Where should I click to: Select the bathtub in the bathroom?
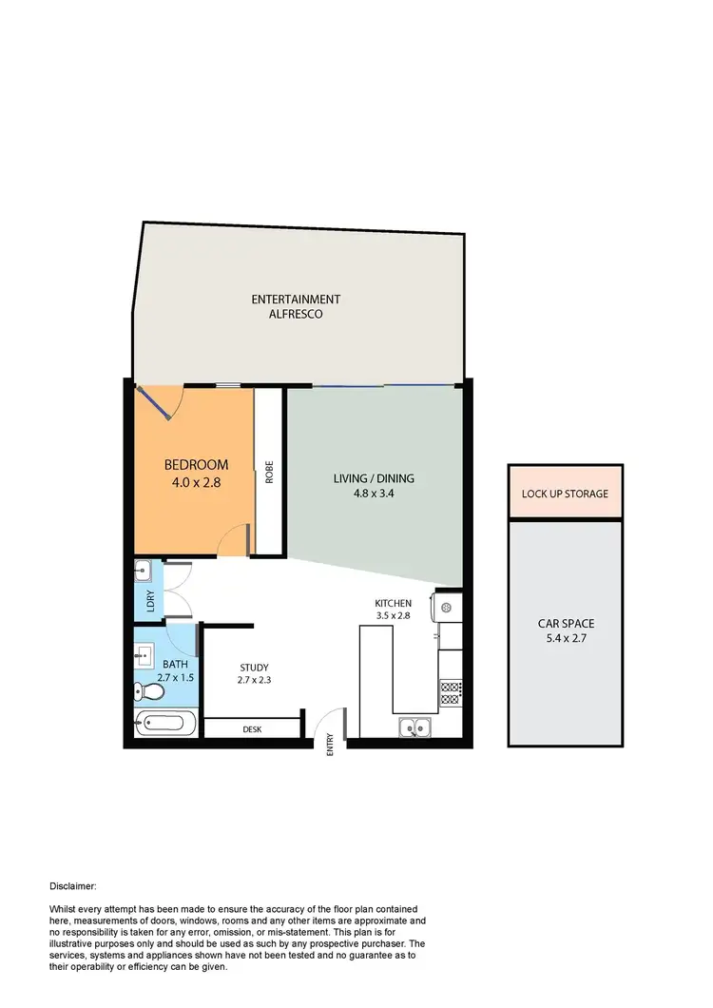(x=167, y=724)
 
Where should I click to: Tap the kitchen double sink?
(x=415, y=729)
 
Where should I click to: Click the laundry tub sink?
(x=143, y=571)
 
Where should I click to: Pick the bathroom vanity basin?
(x=145, y=655)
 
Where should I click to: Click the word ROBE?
(x=270, y=473)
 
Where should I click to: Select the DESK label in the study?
(x=252, y=729)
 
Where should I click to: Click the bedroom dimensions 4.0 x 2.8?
(x=197, y=481)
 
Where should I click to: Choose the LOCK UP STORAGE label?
(x=565, y=494)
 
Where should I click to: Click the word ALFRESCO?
(x=296, y=313)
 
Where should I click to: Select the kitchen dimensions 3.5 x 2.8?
(x=393, y=615)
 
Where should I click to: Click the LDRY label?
(x=149, y=601)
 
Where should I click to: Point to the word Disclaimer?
(x=73, y=885)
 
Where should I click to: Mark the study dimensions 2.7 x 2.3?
(x=255, y=680)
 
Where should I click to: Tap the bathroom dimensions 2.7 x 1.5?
(x=175, y=678)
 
